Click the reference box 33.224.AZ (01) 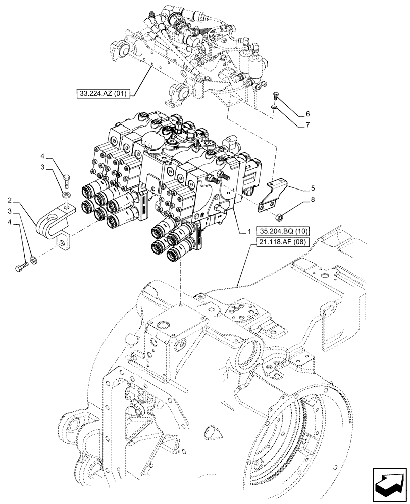click(x=102, y=93)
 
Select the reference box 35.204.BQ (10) click(x=284, y=231)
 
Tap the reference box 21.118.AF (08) click(x=284, y=242)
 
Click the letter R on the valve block click(x=202, y=214)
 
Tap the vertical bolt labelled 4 click(x=67, y=179)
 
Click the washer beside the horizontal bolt click(x=33, y=260)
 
